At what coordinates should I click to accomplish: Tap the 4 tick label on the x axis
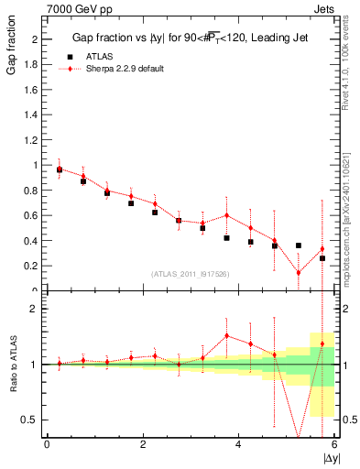click(x=238, y=445)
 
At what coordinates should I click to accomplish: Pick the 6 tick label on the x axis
click(x=334, y=445)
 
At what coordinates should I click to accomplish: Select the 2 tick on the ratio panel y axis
click(x=37, y=309)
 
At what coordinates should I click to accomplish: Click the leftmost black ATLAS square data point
click(x=60, y=169)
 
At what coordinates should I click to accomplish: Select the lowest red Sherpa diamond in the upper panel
click(x=298, y=272)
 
